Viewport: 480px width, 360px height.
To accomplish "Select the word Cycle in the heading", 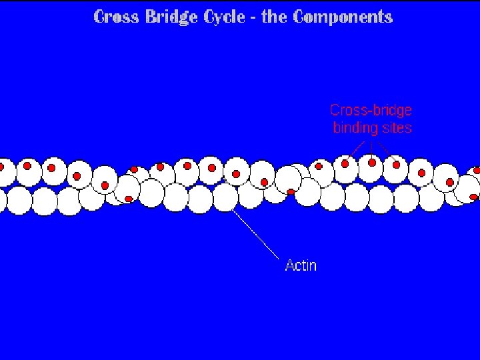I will click(x=224, y=17).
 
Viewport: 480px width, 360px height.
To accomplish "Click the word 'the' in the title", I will click(x=273, y=17).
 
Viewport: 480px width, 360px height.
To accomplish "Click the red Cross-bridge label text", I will click(x=371, y=110).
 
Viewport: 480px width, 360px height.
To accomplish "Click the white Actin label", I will click(x=301, y=265).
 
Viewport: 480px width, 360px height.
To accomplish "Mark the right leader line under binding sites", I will click(x=383, y=147).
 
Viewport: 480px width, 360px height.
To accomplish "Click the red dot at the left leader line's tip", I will click(x=345, y=162).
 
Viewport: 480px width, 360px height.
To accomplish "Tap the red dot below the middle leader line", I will click(x=372, y=162).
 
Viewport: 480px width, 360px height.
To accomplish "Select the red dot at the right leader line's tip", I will click(x=396, y=164).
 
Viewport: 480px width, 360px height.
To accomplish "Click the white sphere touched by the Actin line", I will click(x=225, y=198).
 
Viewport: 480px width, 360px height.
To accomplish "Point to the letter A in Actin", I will click(x=289, y=265).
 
